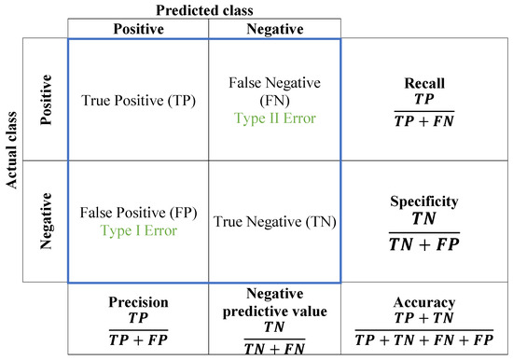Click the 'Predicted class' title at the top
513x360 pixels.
204,8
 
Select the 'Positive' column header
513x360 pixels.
138,29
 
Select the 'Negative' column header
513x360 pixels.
274,29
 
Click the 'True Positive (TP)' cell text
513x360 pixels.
138,100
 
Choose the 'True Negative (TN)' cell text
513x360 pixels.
274,221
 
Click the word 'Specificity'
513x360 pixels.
424,201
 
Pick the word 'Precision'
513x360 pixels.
138,302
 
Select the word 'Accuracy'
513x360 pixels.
424,303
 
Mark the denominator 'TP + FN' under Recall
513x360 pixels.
424,120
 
